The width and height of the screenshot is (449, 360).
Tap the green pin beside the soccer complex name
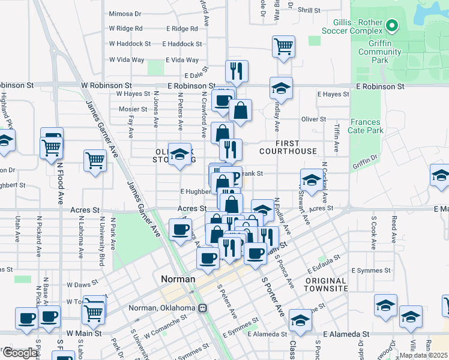coord(392,25)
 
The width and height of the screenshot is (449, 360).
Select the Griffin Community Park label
coord(381,56)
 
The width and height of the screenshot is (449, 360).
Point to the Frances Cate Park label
coord(366,126)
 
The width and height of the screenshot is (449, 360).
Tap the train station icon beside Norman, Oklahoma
coord(203,308)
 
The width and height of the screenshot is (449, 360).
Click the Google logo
coord(19,353)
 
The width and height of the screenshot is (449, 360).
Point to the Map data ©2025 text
coord(423,355)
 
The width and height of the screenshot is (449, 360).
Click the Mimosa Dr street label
coord(125,13)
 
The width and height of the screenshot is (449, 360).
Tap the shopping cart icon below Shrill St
coord(283,46)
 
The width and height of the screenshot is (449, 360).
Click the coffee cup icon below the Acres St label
coord(180,229)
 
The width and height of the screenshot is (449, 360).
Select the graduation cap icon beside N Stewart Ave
coord(310,180)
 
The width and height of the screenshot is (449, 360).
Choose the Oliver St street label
coord(313,119)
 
